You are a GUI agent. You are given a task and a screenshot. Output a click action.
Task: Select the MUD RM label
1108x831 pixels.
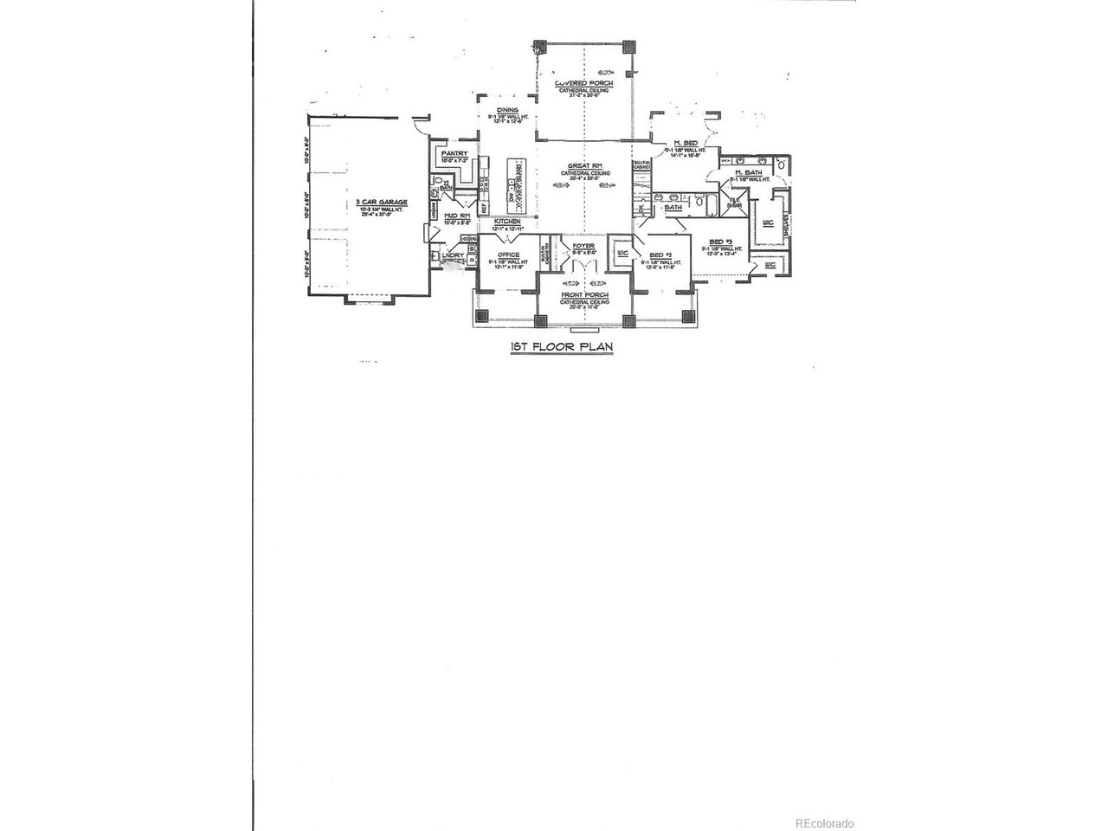coord(457,216)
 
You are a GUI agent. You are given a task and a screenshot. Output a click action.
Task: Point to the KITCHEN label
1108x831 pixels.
coord(507,222)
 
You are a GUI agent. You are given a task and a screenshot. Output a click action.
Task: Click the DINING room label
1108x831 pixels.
coord(507,110)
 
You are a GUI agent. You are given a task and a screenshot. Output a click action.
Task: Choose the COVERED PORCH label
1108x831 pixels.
coord(584,84)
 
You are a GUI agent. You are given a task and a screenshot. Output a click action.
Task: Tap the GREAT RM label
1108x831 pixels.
coord(584,165)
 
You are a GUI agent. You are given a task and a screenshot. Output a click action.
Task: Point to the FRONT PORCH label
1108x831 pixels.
coord(584,295)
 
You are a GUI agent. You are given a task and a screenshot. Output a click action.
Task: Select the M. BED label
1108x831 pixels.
coord(686,143)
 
